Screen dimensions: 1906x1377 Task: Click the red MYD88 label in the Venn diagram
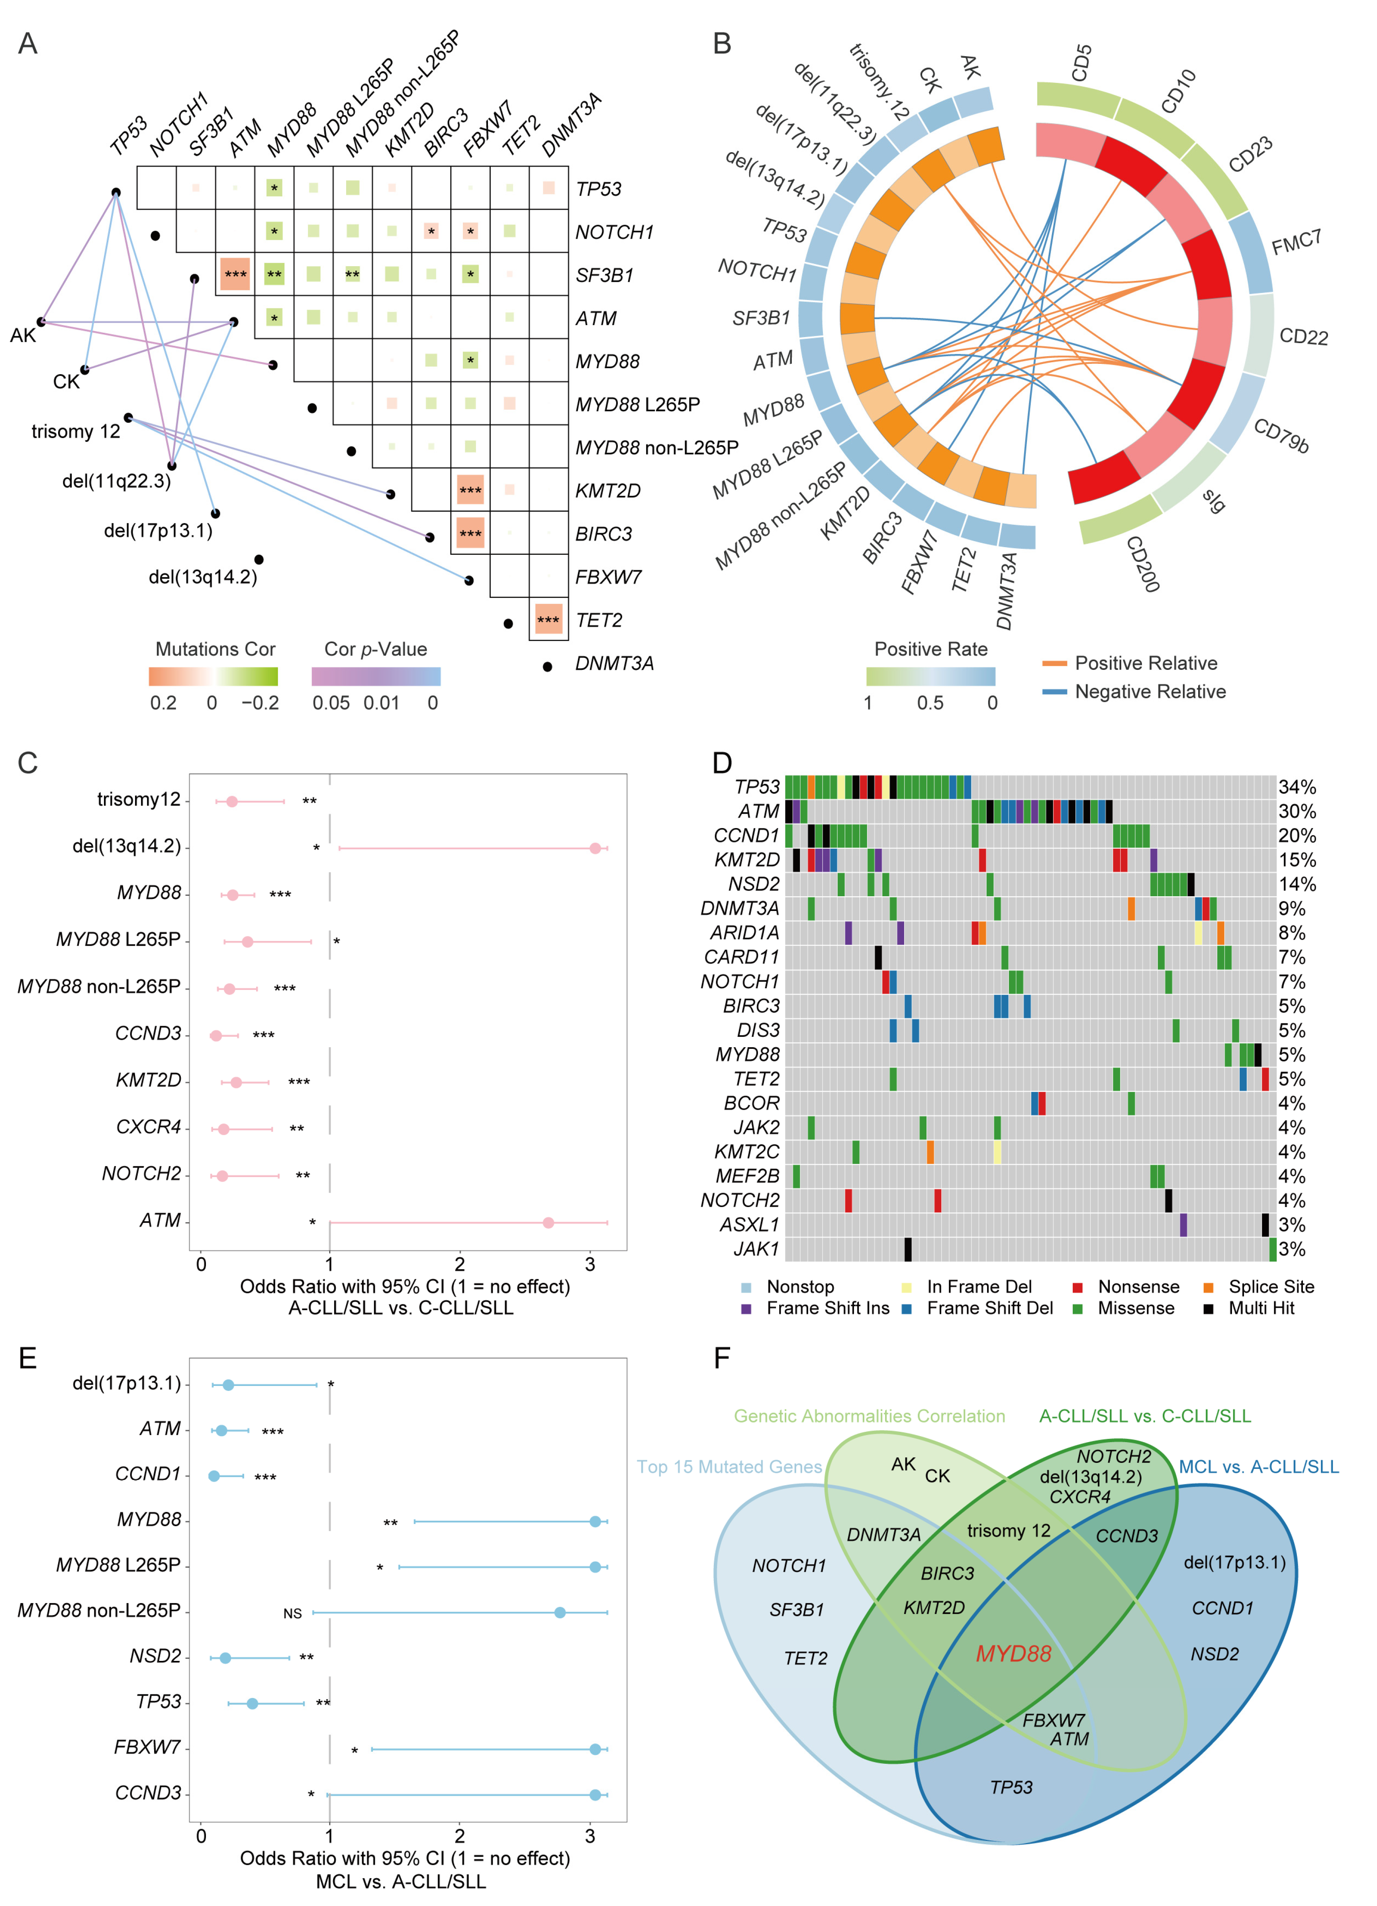pyautogui.click(x=1013, y=1654)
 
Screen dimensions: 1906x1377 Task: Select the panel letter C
pyautogui.click(x=28, y=763)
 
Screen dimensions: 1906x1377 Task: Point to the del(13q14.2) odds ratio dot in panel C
pyautogui.click(x=595, y=848)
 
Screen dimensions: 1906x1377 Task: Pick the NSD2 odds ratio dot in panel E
pyautogui.click(x=225, y=1658)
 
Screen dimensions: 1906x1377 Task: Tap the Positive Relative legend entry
pyautogui.click(x=1145, y=663)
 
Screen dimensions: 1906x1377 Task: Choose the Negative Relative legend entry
pyautogui.click(x=1149, y=692)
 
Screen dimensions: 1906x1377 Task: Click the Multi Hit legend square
pyautogui.click(x=1208, y=1309)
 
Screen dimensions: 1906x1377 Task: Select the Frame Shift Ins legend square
pyautogui.click(x=746, y=1309)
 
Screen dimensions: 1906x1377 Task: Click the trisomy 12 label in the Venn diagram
pyautogui.click(x=1008, y=1530)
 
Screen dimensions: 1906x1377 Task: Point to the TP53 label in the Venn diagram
pyautogui.click(x=1011, y=1788)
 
